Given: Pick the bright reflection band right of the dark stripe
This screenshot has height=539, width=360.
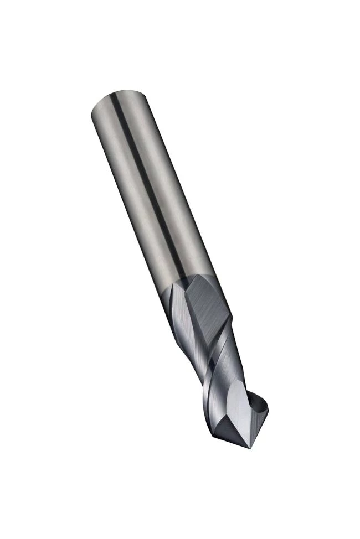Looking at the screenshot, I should click(x=166, y=166).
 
